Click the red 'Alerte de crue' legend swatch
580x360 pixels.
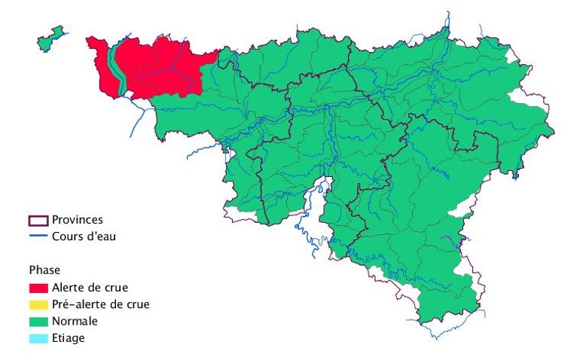tap(38, 288)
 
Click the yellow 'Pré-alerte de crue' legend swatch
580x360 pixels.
tap(38, 305)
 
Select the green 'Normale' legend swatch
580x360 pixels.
tap(38, 322)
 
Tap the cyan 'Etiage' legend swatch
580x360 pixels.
tap(38, 338)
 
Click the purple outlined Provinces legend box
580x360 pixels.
tap(38, 221)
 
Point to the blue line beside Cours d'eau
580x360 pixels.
tap(38, 236)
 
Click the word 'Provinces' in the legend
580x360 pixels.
tap(78, 220)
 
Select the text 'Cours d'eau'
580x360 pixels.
tap(84, 236)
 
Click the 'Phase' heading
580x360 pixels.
tap(44, 270)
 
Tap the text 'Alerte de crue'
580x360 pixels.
tap(90, 288)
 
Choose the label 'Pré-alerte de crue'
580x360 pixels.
tap(100, 304)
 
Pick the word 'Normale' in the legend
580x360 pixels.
tap(75, 322)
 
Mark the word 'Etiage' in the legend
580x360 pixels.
tap(69, 338)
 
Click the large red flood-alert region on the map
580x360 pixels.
tap(162, 68)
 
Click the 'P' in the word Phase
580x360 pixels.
tap(32, 270)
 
